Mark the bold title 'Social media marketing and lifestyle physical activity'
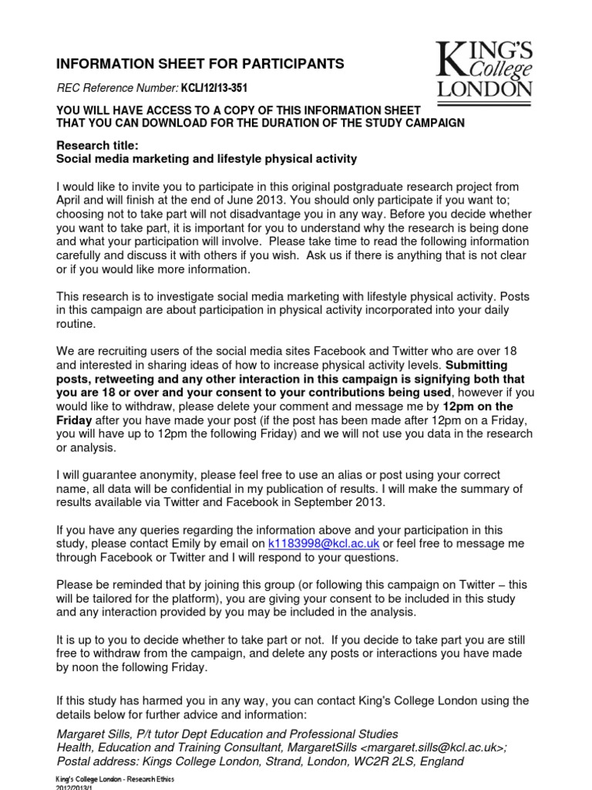tap(207, 159)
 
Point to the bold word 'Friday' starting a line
tap(75, 420)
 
